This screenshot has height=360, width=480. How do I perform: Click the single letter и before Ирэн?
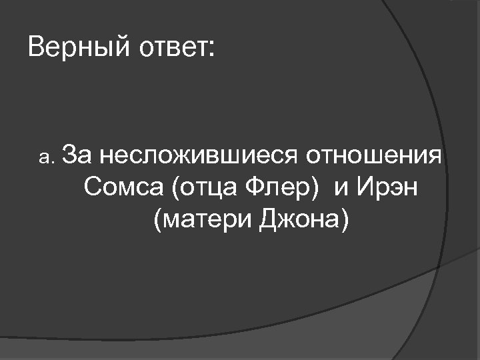click(x=341, y=189)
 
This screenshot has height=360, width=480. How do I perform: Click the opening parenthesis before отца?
click(x=175, y=189)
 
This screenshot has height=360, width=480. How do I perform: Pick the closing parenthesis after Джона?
click(x=345, y=220)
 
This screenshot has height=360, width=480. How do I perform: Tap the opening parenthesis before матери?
click(x=157, y=220)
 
